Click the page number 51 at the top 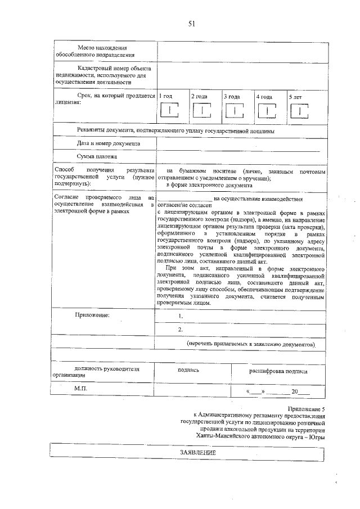191,24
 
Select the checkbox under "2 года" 201,111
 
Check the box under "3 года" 234,111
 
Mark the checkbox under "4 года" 266,111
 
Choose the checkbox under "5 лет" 299,111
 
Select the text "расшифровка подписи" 278,371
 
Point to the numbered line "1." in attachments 181,317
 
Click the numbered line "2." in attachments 181,330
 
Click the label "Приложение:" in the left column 93,315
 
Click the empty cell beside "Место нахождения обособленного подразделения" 242,51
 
